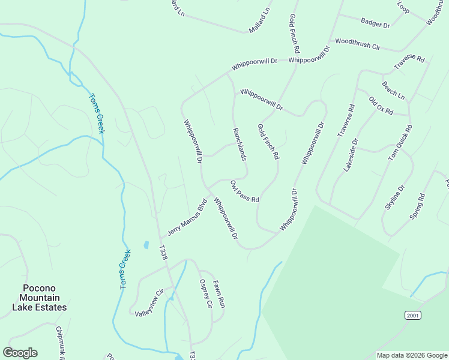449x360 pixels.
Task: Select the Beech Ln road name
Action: [393, 90]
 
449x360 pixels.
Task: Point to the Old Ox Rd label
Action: [381, 106]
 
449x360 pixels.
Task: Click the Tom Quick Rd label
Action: [400, 143]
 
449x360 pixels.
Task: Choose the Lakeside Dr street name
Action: [351, 155]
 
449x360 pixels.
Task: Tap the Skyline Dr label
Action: [394, 197]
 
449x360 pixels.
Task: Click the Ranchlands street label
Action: [240, 144]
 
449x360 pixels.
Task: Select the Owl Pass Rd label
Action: [244, 191]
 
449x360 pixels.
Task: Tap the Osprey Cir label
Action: [206, 294]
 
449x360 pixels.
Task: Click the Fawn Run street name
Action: [219, 295]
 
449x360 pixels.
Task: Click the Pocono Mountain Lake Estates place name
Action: [40, 298]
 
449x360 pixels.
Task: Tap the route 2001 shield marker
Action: [411, 315]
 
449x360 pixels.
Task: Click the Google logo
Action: [20, 353]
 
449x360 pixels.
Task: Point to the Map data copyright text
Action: [412, 355]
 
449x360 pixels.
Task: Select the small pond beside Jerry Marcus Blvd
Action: [146, 245]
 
